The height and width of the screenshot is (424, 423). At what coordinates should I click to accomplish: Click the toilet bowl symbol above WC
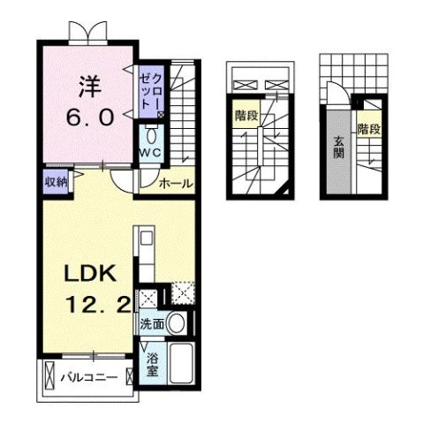150,136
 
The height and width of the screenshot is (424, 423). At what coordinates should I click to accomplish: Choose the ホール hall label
175,184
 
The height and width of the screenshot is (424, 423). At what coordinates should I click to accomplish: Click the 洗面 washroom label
151,324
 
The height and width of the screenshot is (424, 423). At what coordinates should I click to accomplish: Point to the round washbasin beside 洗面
178,322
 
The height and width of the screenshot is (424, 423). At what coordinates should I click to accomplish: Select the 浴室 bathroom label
152,364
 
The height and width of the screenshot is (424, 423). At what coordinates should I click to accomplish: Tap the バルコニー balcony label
89,378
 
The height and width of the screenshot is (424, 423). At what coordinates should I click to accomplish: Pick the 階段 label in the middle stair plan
245,116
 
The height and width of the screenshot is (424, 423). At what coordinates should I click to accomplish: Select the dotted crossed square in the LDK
181,292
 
